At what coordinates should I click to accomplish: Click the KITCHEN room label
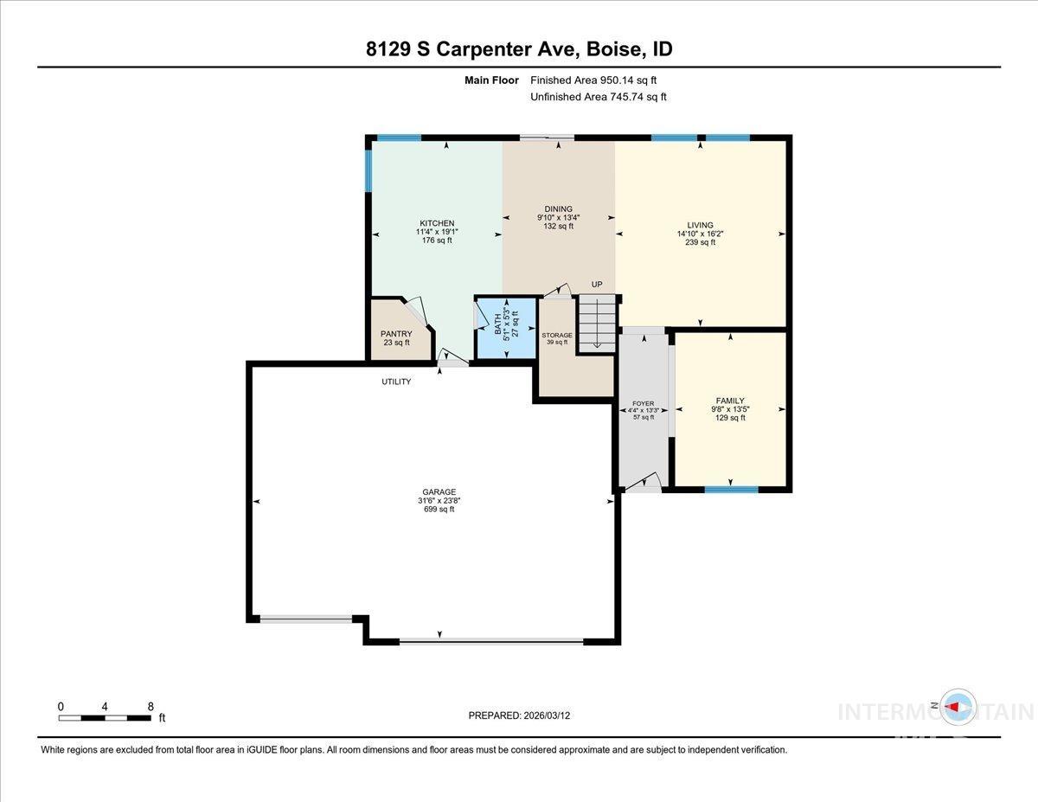pos(437,223)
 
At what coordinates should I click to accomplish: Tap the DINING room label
pos(558,209)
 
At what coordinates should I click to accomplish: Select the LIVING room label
pos(700,225)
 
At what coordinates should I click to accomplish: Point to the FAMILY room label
pos(729,401)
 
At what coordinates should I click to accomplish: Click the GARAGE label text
pos(439,492)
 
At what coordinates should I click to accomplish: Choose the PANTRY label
pos(396,334)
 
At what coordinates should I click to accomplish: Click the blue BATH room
pos(505,328)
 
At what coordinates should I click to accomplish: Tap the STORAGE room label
pos(557,336)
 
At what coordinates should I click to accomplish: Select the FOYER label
pos(644,403)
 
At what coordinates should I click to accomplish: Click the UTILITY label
pos(396,382)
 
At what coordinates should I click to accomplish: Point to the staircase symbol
pos(598,323)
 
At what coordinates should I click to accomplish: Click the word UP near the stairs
pos(597,285)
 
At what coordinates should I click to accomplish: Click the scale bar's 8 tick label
pos(151,706)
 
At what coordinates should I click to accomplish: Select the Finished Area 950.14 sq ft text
pos(599,80)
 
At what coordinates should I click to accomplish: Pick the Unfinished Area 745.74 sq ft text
pos(599,97)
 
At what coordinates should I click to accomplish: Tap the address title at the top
pos(519,49)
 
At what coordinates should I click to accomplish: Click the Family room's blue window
pos(731,490)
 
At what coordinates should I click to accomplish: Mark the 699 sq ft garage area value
pos(439,510)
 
